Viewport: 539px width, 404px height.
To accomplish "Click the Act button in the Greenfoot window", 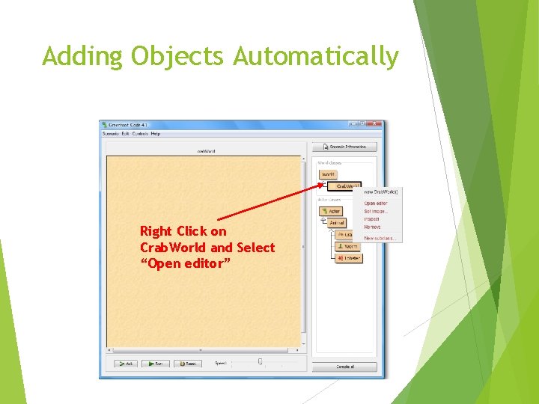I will (125, 364).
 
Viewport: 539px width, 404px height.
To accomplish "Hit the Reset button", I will (188, 364).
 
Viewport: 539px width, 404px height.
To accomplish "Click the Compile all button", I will (345, 367).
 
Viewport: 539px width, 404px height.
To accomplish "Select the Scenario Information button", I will (345, 147).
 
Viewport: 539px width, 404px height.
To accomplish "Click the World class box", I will (329, 174).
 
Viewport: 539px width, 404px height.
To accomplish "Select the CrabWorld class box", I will (345, 186).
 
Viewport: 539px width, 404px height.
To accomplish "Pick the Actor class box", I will (332, 211).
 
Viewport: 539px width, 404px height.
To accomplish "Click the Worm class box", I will (349, 246).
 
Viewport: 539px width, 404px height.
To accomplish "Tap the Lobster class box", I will (349, 258).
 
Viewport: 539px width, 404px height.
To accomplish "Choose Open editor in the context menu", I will (376, 203).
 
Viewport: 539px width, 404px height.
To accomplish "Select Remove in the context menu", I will (372, 227).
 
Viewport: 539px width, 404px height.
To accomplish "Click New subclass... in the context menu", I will (380, 239).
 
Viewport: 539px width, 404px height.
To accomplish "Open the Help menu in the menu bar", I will (156, 134).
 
